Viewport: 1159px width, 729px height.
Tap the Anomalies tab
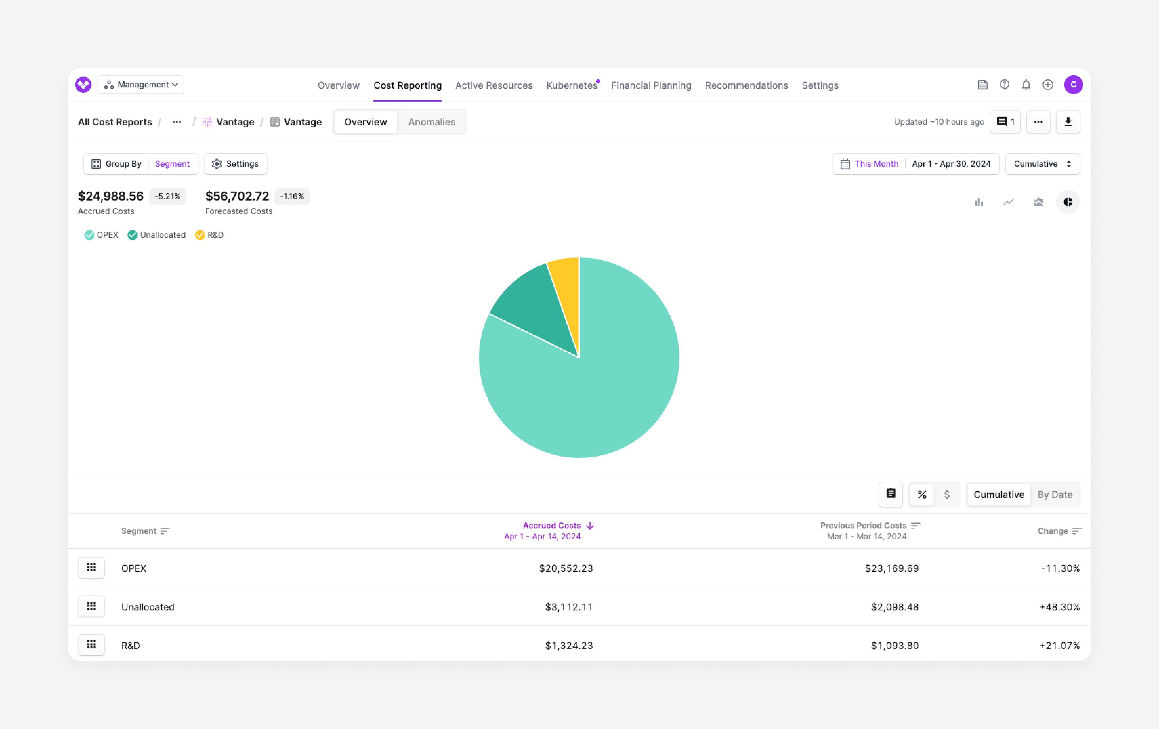[x=431, y=122]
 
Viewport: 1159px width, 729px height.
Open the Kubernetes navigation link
[x=571, y=85]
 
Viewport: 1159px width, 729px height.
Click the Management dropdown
[x=141, y=85]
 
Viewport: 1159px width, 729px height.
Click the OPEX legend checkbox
[x=89, y=235]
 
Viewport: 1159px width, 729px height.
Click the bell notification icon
[x=1026, y=85]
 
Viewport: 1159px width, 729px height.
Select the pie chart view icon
[x=1068, y=202]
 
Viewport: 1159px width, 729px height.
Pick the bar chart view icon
[x=978, y=202]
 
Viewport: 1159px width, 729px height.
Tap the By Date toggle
[x=1055, y=495]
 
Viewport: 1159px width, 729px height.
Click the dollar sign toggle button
[x=946, y=495]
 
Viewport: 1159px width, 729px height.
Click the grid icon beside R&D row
[x=91, y=645]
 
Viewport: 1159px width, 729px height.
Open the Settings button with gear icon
[x=235, y=164]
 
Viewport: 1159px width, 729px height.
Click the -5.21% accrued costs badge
[x=167, y=196]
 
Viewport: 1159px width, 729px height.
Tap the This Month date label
[x=876, y=164]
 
